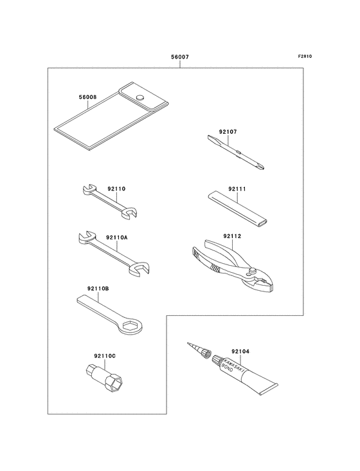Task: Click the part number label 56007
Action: click(x=180, y=57)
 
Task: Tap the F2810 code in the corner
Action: click(x=305, y=56)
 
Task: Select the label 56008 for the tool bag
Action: click(x=87, y=97)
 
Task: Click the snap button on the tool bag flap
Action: click(x=139, y=97)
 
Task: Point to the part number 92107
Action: click(x=228, y=131)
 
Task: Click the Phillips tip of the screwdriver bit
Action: click(x=260, y=165)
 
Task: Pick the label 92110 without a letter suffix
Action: click(x=116, y=189)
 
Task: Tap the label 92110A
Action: click(x=117, y=237)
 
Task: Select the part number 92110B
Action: click(x=98, y=289)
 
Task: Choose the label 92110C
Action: click(x=105, y=356)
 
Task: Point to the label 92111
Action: click(x=237, y=189)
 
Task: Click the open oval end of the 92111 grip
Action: click(x=263, y=223)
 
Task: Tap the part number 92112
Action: click(x=232, y=236)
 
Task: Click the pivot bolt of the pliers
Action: click(x=252, y=272)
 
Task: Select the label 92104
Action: click(x=240, y=351)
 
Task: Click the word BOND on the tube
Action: click(x=227, y=367)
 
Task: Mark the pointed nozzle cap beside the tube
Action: click(x=199, y=350)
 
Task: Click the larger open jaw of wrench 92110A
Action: click(x=139, y=268)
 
